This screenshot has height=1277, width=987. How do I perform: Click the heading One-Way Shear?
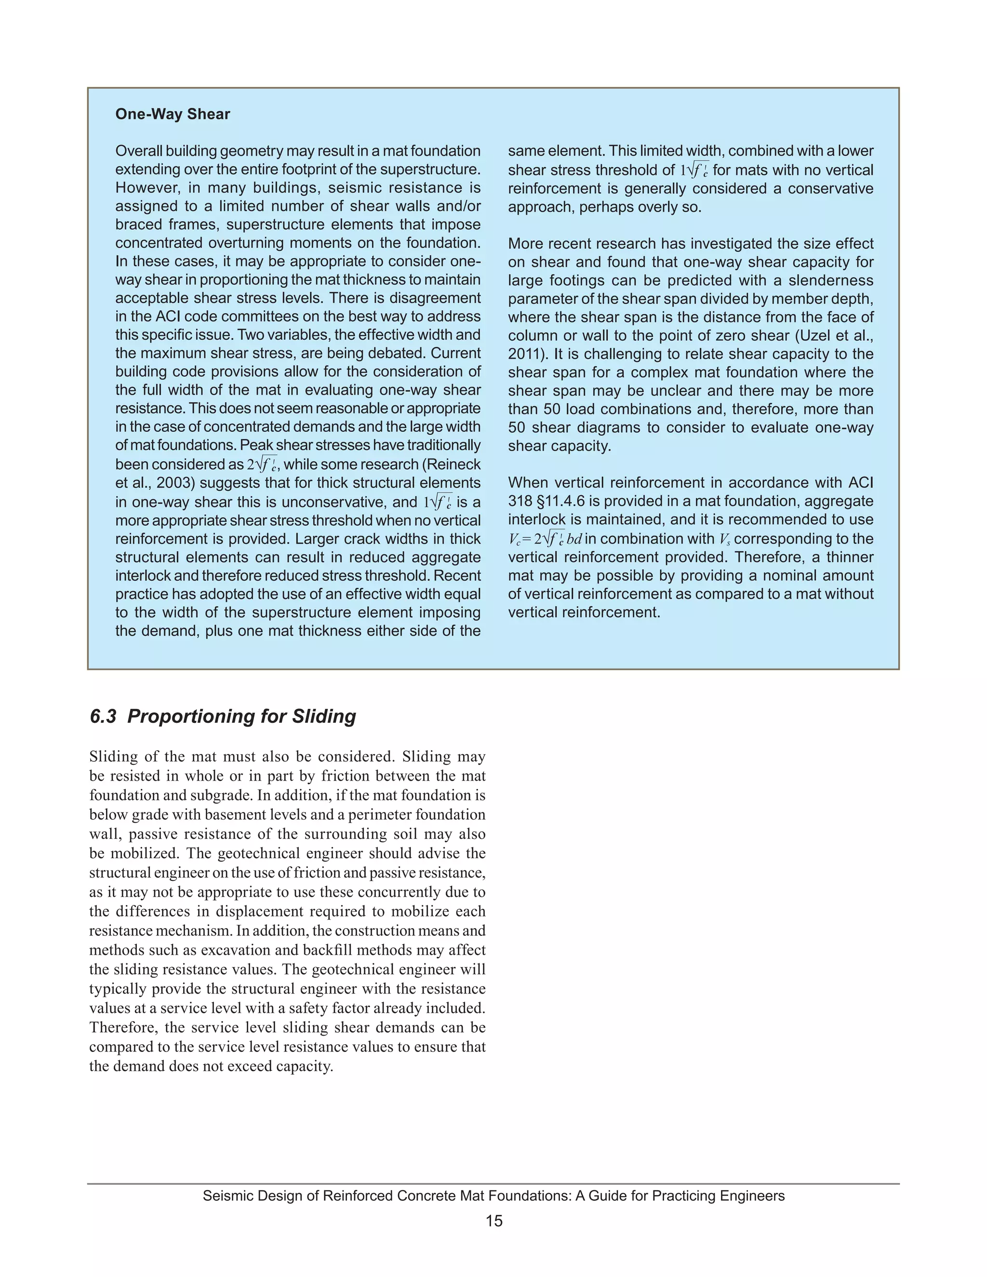(173, 114)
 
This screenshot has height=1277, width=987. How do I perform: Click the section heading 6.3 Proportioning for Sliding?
(223, 716)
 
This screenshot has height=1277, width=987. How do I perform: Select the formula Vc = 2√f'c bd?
(545, 539)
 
